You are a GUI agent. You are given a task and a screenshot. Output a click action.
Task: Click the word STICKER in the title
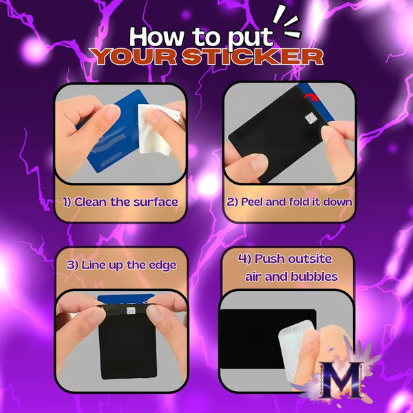coord(253,56)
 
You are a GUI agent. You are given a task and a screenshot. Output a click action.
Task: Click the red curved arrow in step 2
coord(311,97)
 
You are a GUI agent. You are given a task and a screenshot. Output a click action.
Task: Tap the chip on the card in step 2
coord(311,118)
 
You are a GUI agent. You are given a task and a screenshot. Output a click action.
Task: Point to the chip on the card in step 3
coord(131,310)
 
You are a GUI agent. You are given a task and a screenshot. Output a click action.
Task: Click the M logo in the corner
coord(341,379)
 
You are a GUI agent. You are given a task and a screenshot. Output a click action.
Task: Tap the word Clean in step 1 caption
coord(91,202)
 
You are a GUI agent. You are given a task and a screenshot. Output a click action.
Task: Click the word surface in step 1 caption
coord(156,202)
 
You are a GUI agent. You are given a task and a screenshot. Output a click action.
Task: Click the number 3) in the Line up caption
coord(72,265)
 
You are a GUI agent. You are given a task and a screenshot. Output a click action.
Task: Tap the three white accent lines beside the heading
coord(287,23)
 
